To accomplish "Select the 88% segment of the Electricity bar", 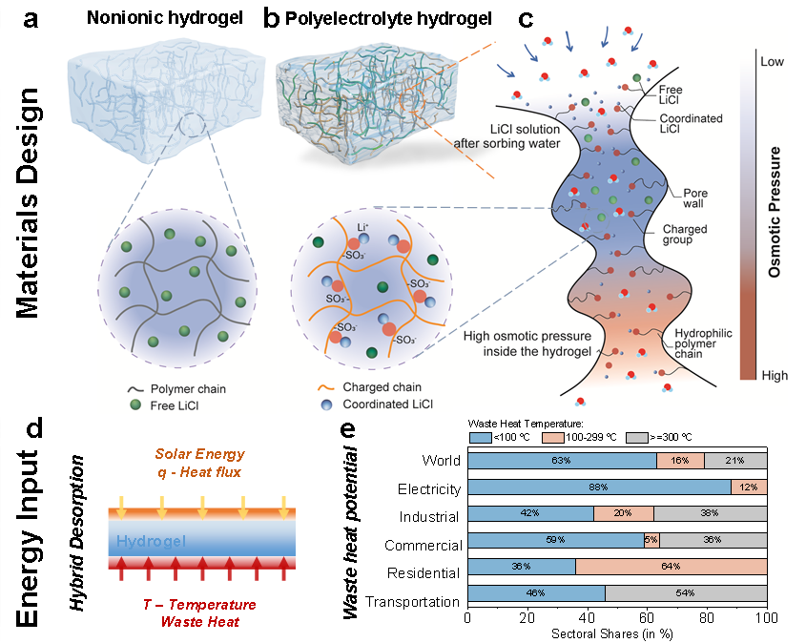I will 598,488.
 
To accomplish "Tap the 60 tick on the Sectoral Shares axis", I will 647,619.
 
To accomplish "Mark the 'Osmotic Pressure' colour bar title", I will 775,211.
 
